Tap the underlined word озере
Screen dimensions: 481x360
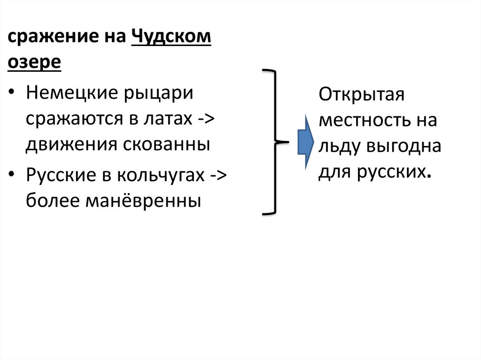pyautogui.click(x=34, y=62)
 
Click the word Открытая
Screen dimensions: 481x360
pyautogui.click(x=362, y=94)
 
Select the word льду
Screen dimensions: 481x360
pyautogui.click(x=336, y=147)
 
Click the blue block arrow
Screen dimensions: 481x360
pyautogui.click(x=306, y=141)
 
